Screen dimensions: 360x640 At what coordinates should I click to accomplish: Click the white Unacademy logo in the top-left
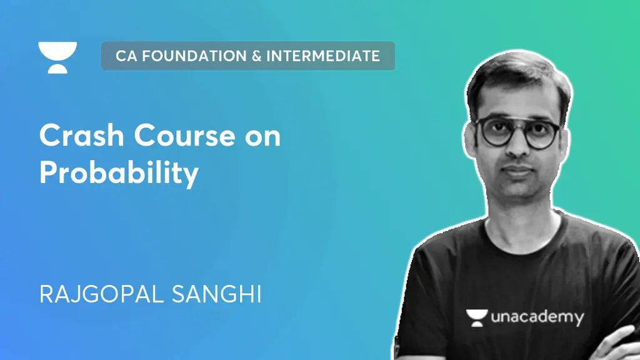click(x=57, y=57)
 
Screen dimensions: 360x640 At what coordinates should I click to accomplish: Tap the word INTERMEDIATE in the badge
click(x=323, y=56)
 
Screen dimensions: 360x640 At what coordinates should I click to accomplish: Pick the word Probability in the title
click(x=119, y=173)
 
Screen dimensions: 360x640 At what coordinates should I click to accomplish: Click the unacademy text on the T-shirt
click(x=537, y=317)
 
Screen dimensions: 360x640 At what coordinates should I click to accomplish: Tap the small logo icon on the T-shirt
click(x=476, y=317)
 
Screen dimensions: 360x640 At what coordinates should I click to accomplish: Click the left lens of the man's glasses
click(x=494, y=132)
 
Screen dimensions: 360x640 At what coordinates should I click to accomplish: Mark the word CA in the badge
click(x=126, y=56)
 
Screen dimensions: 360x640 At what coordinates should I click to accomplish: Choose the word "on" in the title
click(x=262, y=136)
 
